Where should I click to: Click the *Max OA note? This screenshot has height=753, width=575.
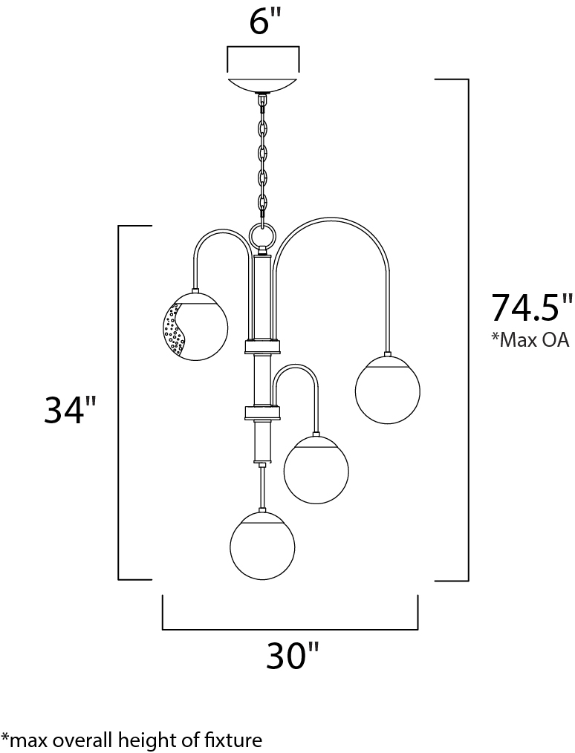click(x=530, y=340)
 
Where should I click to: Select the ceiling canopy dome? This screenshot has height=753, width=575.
click(x=263, y=85)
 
